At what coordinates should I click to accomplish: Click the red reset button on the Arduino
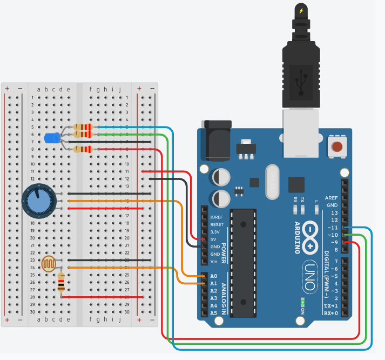[337, 146]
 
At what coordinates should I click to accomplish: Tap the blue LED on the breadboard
[52, 138]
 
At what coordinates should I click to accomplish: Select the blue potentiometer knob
[39, 201]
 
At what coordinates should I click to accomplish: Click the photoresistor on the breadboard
[50, 264]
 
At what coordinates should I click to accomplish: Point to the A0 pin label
[213, 276]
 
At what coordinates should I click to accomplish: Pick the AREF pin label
[332, 198]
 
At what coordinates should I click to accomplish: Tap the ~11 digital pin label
[333, 228]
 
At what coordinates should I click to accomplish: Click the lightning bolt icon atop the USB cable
[301, 10]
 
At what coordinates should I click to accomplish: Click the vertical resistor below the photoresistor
[61, 282]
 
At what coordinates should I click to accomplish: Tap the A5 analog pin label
[213, 313]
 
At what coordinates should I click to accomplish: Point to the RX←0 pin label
[331, 314]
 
